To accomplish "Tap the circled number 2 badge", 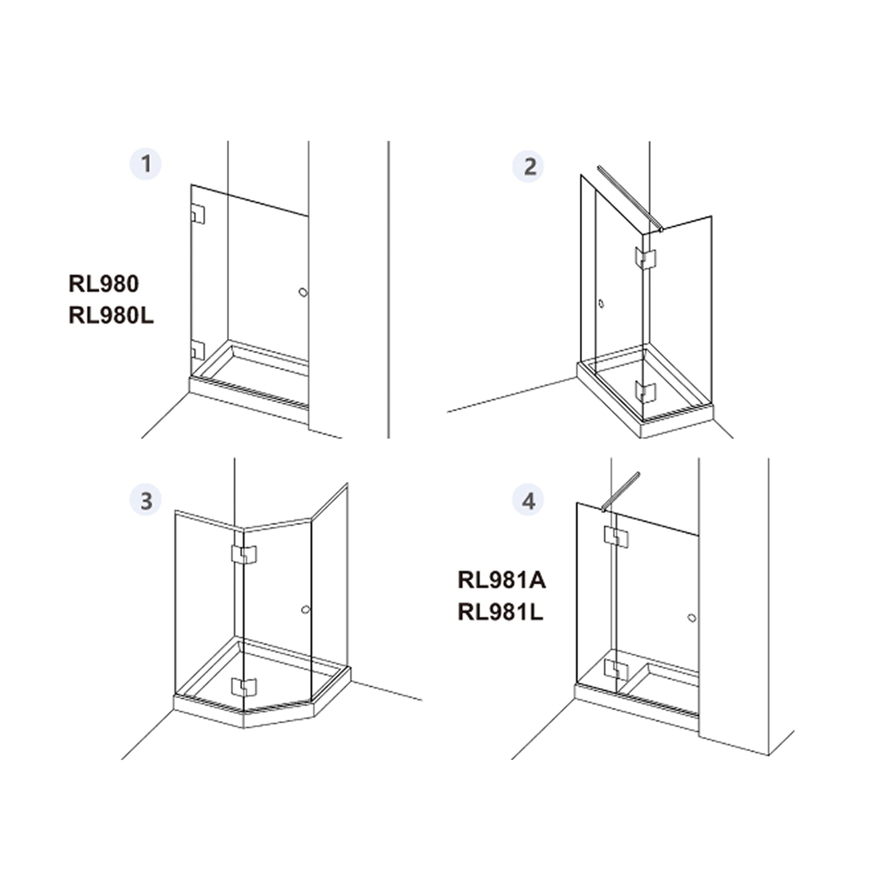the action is pos(529,166).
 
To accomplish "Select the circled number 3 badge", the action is pos(146,500).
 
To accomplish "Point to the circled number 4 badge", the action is pos(529,500).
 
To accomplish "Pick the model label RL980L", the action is pos(111,316).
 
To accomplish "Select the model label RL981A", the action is pos(502,580).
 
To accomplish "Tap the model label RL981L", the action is pos(500,613).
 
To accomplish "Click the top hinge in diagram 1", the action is pos(197,214).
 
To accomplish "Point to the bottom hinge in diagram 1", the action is pos(197,350).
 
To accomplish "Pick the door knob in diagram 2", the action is pos(600,304).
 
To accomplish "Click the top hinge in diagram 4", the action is pos(616,537).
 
